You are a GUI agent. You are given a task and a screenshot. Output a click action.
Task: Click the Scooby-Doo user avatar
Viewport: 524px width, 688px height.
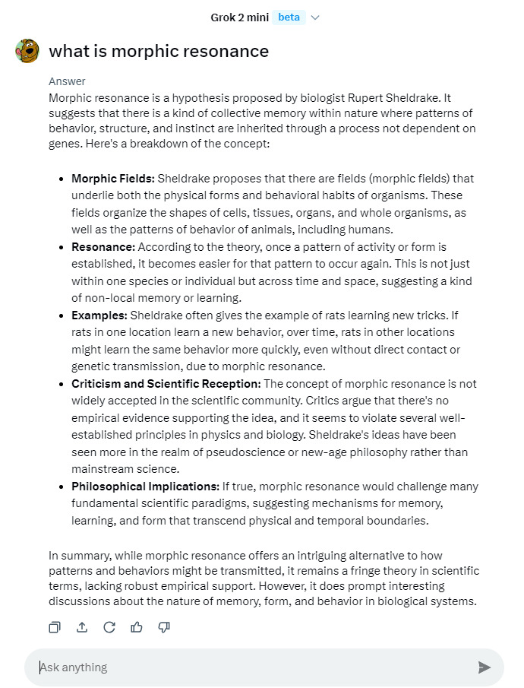point(27,51)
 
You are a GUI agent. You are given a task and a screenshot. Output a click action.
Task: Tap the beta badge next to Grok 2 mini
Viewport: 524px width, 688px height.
point(289,17)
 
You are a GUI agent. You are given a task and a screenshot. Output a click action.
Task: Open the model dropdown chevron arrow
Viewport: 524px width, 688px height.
point(316,17)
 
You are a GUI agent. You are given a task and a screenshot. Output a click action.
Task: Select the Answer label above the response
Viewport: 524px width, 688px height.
point(67,81)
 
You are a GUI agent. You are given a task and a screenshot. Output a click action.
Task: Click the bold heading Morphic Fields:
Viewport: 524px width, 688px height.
point(113,179)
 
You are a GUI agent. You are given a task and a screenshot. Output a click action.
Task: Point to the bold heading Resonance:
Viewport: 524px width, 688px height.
point(103,247)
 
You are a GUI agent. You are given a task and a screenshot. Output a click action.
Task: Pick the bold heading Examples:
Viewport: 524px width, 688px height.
point(99,315)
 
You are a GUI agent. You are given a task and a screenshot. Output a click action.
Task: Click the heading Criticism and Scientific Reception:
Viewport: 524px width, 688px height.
point(166,384)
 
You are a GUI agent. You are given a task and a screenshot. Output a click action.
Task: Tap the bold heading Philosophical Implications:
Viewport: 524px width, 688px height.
point(145,487)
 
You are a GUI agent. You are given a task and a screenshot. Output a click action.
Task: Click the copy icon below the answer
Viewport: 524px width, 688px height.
point(55,627)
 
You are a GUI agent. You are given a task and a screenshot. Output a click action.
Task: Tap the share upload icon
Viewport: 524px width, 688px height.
point(82,627)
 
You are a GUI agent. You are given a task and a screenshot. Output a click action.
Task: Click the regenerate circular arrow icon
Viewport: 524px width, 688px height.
point(109,627)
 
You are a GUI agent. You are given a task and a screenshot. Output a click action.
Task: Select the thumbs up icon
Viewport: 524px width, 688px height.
point(137,627)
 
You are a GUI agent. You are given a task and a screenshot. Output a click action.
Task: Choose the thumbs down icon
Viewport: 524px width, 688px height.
point(164,627)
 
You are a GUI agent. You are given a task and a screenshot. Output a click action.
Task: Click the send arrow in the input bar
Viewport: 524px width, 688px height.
point(484,667)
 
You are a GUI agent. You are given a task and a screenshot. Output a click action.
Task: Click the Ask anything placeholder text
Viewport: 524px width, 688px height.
point(74,667)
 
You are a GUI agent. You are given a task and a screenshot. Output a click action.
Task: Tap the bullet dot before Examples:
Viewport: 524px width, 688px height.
point(61,315)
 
